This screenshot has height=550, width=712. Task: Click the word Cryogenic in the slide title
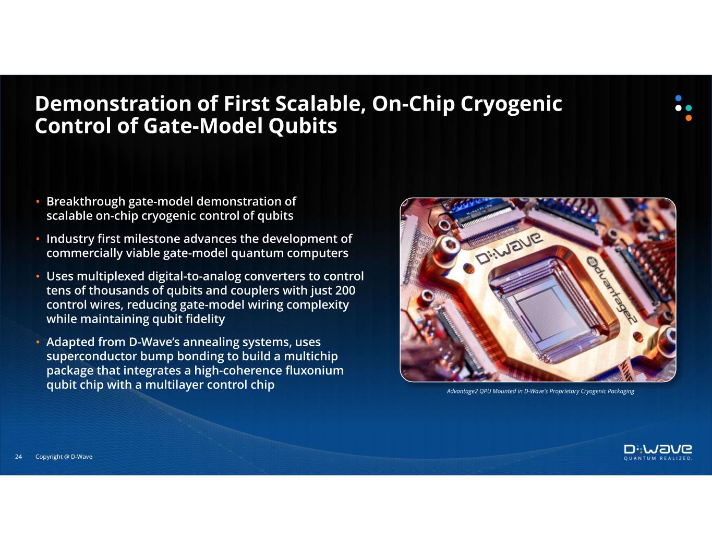[511, 105]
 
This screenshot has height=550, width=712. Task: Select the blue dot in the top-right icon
[679, 98]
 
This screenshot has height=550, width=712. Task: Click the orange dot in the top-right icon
[689, 118]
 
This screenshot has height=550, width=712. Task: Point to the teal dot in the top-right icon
[689, 108]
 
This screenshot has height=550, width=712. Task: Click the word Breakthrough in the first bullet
[86, 202]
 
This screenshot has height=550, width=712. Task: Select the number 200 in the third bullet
[345, 290]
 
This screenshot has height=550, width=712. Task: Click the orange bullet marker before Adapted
[38, 342]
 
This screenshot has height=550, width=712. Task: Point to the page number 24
[18, 457]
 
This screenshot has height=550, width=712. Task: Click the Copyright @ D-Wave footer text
[64, 457]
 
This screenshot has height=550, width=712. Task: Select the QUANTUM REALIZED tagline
[658, 458]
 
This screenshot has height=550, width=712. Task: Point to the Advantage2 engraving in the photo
[611, 289]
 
